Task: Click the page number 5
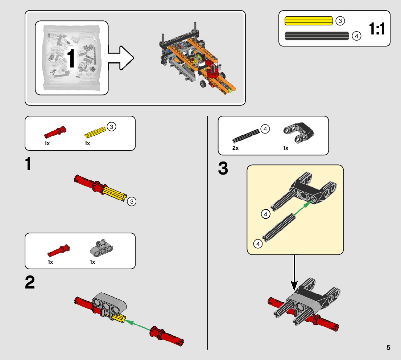click(388, 347)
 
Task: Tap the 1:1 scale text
click(377, 29)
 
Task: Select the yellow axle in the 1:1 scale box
click(309, 21)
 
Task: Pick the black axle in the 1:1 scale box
click(317, 36)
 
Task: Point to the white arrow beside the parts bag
click(121, 58)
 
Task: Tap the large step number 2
click(30, 283)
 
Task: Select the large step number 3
click(223, 169)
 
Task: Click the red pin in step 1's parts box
click(55, 132)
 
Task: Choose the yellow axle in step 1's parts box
click(95, 132)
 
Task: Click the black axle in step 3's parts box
click(246, 135)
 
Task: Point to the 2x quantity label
click(236, 148)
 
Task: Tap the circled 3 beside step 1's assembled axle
click(132, 201)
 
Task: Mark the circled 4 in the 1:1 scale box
click(357, 36)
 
